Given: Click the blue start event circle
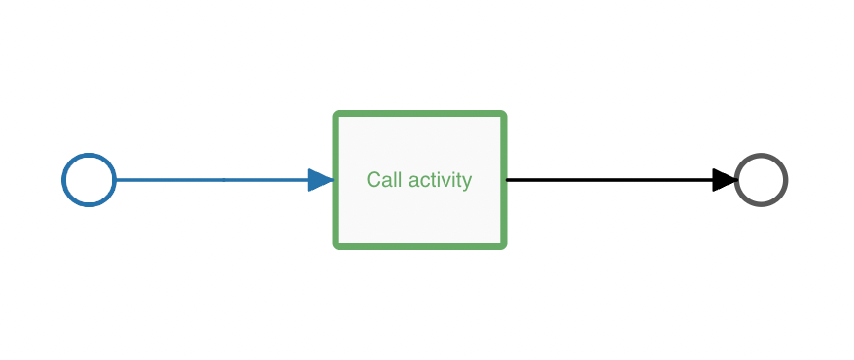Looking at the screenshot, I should tap(89, 180).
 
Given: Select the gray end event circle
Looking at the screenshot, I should tap(761, 180).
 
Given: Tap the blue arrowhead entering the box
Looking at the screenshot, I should tap(321, 180).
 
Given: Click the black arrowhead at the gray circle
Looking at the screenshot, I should tap(725, 180).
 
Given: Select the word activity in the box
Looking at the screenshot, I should tap(440, 180).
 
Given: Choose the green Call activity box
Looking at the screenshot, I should tap(420, 209).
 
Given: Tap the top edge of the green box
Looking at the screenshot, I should tap(420, 115).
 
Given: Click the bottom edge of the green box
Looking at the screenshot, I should tap(420, 245).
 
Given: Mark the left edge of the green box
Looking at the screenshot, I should tap(337, 209).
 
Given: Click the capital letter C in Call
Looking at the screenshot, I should tap(373, 180).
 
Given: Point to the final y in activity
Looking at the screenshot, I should tap(468, 182).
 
